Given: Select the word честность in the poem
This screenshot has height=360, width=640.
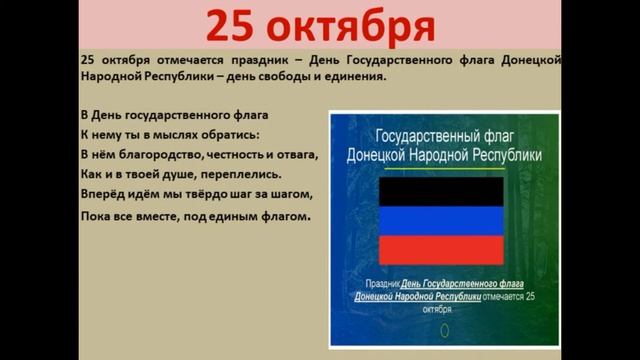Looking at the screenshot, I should coord(238,154).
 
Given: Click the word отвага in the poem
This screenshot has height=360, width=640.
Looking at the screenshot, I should coord(297,154).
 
